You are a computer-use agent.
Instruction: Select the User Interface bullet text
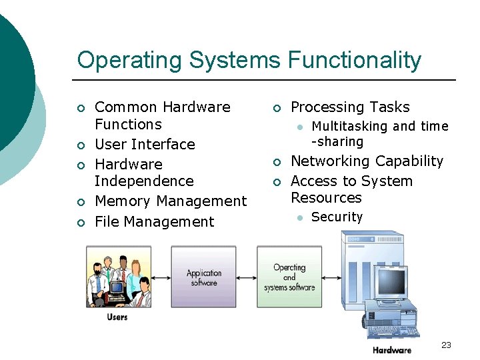point(145,145)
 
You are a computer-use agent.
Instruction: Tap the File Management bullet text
point(155,222)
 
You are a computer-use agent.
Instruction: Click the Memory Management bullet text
point(171,201)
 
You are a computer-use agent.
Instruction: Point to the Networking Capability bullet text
point(367,161)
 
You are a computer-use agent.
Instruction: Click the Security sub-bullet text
point(337,217)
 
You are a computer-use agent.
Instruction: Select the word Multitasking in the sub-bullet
point(349,127)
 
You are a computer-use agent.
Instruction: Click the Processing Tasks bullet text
point(350,107)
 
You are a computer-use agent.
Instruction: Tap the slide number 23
point(446,345)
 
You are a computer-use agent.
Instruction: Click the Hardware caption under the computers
point(392,350)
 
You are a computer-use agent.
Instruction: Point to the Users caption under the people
point(117,317)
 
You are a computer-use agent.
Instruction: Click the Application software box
point(203,277)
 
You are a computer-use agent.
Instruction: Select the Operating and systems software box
point(289,277)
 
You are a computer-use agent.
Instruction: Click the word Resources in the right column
point(326,198)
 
